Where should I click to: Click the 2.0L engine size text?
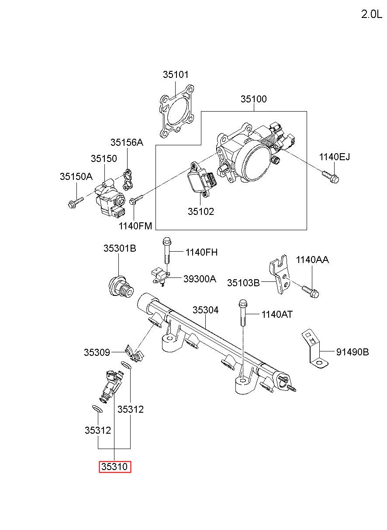click(x=371, y=14)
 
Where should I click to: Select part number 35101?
click(x=176, y=74)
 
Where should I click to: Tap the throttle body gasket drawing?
click(x=176, y=111)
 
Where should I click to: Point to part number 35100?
click(x=254, y=99)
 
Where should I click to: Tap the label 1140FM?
click(x=135, y=226)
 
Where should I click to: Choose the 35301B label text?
click(x=120, y=248)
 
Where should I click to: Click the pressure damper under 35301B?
click(x=121, y=286)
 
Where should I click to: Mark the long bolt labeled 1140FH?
click(x=166, y=250)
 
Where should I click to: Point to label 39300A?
click(x=200, y=279)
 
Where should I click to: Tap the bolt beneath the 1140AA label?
click(x=311, y=292)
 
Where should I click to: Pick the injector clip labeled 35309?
click(x=134, y=354)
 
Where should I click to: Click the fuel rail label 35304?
click(x=205, y=310)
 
